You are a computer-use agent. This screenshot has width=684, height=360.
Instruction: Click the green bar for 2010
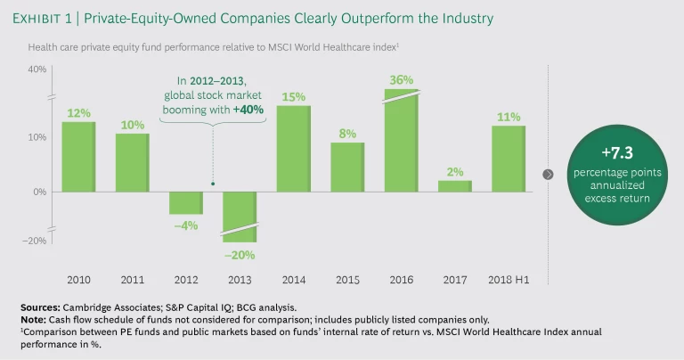(x=78, y=156)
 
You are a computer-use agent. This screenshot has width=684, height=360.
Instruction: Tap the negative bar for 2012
(x=186, y=203)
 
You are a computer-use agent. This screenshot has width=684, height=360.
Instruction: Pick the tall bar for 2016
(x=401, y=143)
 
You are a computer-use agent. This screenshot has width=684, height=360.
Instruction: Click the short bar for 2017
(x=454, y=185)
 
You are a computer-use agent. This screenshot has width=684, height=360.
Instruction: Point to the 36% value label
(x=402, y=80)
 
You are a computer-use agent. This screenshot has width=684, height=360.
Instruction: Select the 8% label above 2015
(x=347, y=134)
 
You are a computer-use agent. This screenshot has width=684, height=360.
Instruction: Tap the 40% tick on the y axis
(x=37, y=70)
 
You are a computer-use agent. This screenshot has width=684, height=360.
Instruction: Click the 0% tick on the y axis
(x=40, y=192)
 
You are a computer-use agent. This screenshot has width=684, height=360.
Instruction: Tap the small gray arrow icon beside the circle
(x=548, y=174)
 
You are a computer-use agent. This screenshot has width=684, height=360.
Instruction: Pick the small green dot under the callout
(x=213, y=184)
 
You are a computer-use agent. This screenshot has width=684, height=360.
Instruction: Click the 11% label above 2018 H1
(x=508, y=116)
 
